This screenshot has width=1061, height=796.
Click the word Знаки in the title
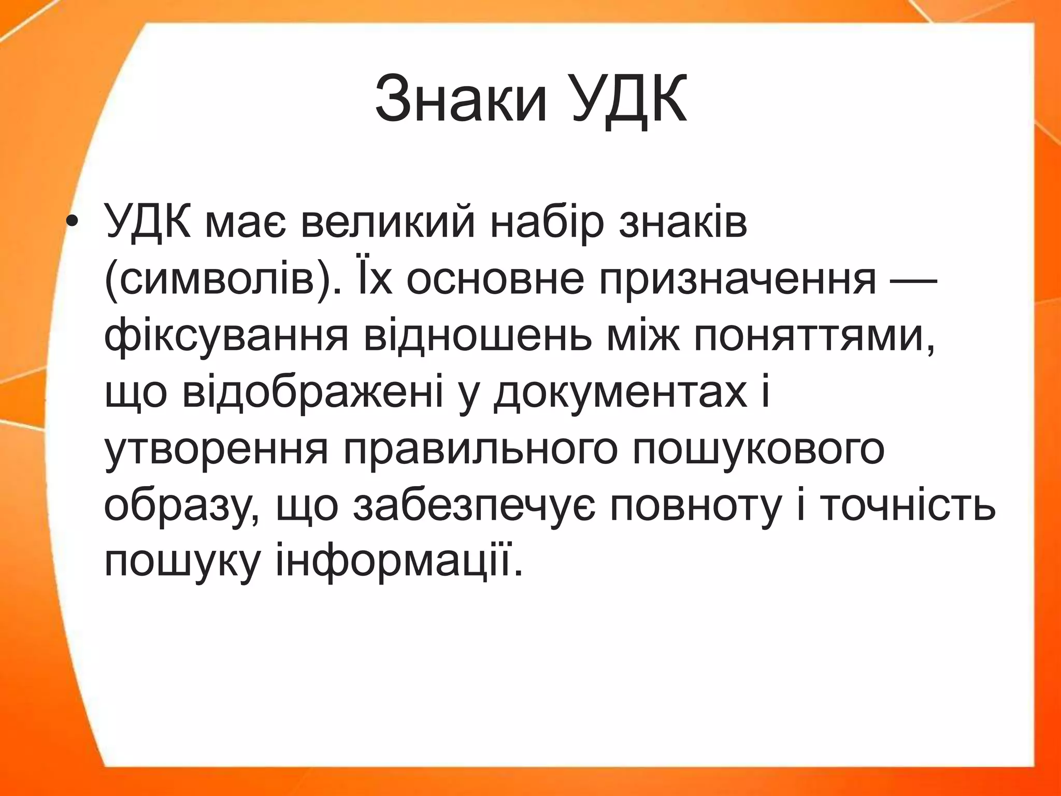(461, 98)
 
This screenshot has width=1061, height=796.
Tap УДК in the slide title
(629, 98)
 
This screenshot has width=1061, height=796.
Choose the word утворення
(217, 449)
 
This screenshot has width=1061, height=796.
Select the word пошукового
(758, 449)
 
